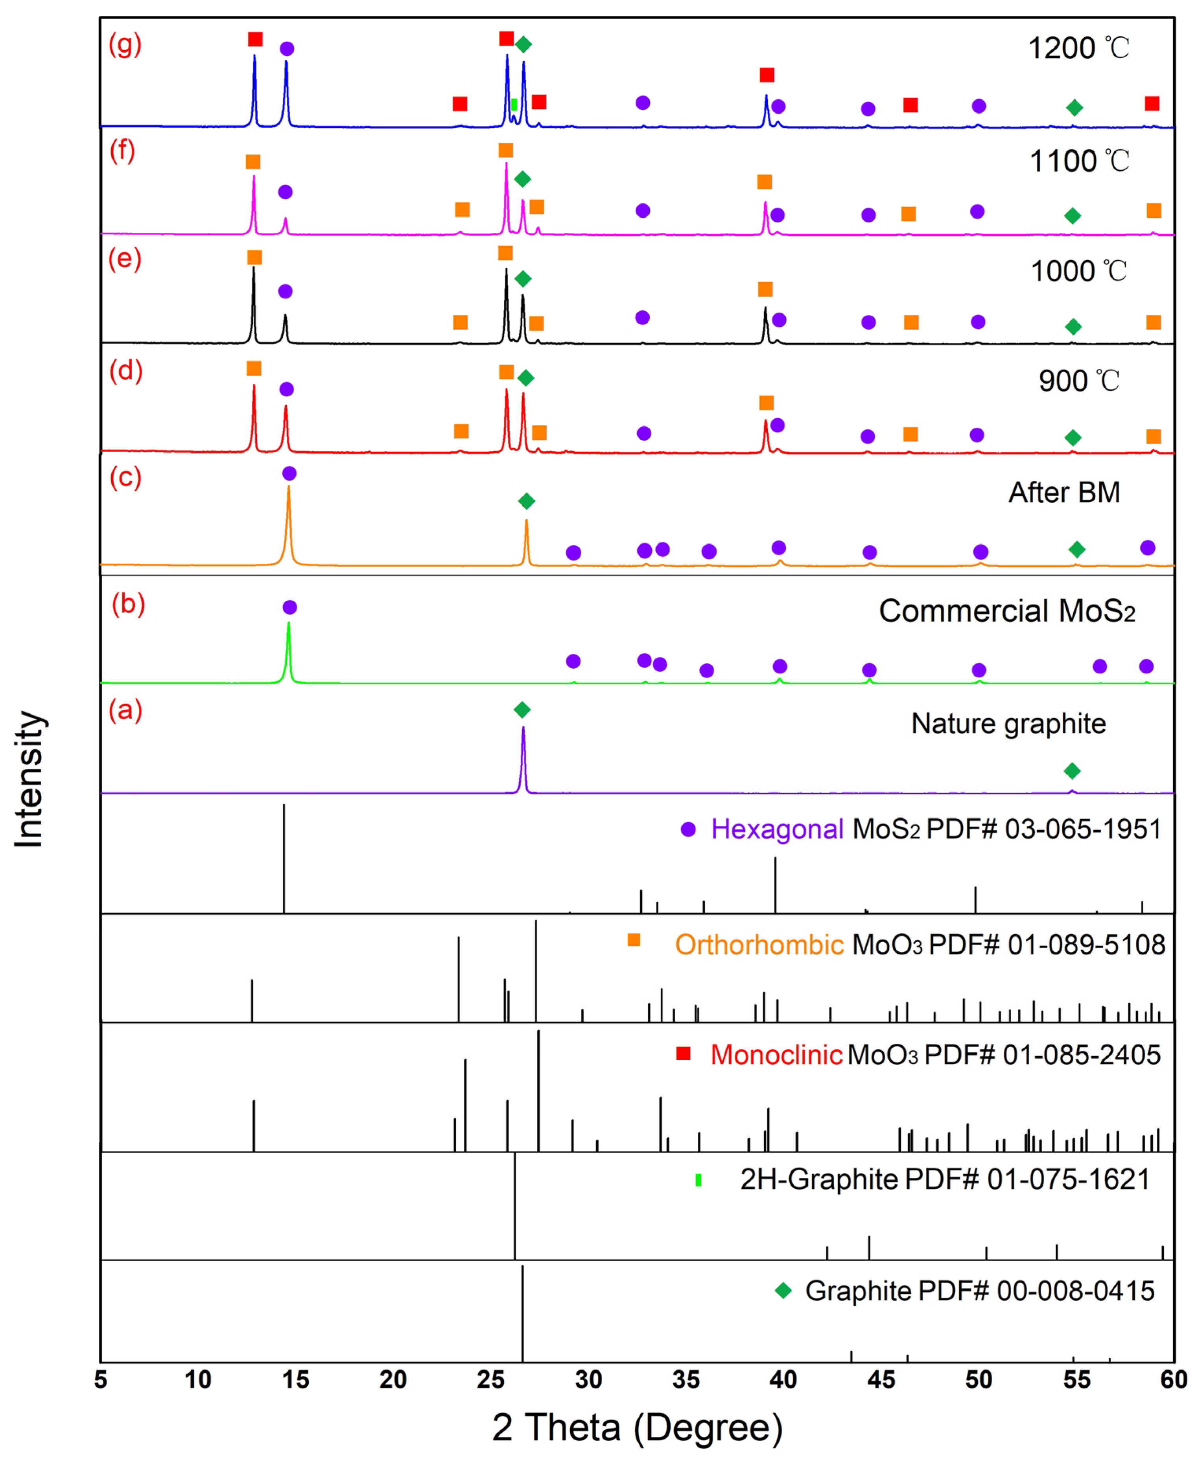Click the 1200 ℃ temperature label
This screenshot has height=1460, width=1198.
tap(1078, 48)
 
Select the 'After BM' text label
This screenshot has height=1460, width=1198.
tap(1064, 493)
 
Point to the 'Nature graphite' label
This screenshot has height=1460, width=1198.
tap(1008, 723)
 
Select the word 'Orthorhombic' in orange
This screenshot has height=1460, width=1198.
tap(759, 945)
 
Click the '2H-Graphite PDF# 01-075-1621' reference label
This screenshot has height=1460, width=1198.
tap(945, 1179)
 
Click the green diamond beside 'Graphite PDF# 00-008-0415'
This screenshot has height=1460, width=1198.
tap(783, 1290)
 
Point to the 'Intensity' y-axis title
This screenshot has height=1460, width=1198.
tap(29, 779)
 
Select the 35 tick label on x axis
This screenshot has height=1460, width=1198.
tap(686, 1379)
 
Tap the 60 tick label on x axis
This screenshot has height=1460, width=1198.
tap(1173, 1379)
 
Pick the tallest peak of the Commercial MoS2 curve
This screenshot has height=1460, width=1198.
tap(288, 624)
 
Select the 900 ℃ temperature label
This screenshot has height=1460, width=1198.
tap(1078, 381)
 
